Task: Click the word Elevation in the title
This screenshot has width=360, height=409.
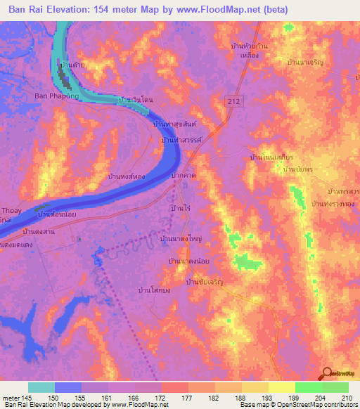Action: (67, 10)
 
